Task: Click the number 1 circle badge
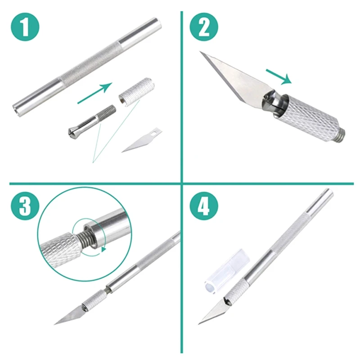tap(25, 27)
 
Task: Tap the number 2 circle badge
tap(204, 27)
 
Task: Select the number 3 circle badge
tap(25, 206)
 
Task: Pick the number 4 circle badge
tap(204, 206)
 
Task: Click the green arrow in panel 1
tap(94, 93)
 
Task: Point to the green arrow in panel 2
tap(279, 76)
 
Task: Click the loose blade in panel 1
tap(141, 140)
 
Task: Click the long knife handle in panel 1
tap(87, 67)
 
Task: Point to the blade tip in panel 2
tap(200, 52)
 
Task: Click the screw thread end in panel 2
tap(340, 135)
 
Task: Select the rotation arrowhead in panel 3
tap(104, 249)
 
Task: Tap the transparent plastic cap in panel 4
tap(226, 272)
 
